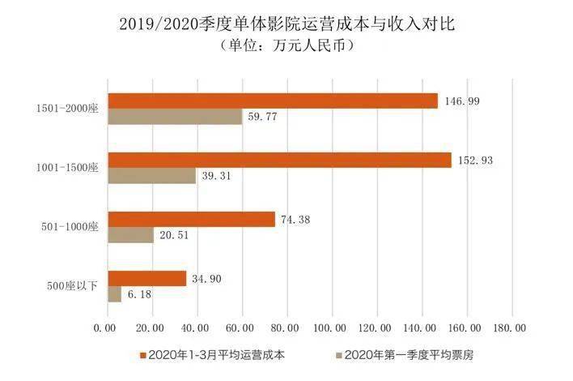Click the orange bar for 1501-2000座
point(272,101)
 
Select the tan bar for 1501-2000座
point(175,117)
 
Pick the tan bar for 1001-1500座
point(152,176)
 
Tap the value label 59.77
point(264,118)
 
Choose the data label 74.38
point(296,220)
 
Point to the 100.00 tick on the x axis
point(330,327)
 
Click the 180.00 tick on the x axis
point(510,327)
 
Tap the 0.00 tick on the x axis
point(106,327)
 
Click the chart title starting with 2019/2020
point(287,24)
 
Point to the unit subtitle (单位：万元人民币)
point(287,46)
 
